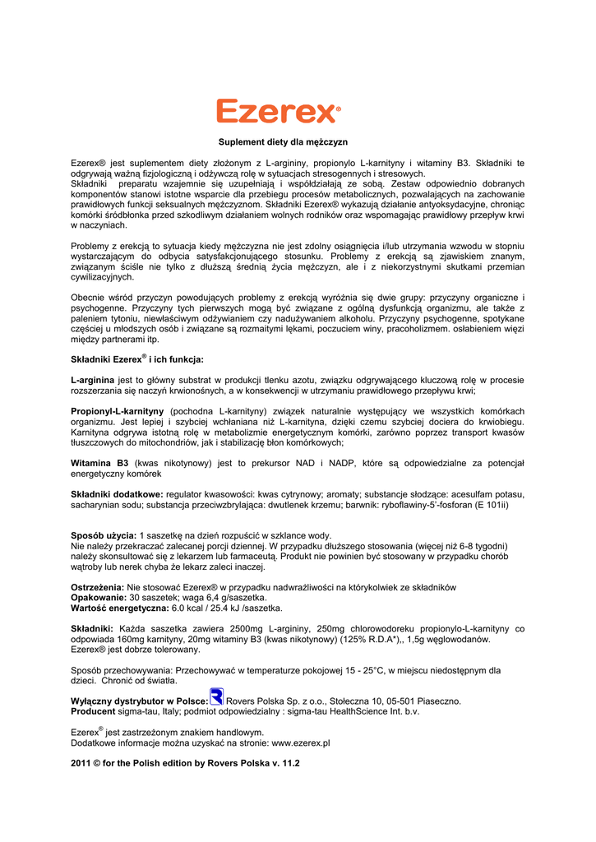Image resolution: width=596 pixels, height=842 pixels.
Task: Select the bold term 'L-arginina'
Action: pos(93,380)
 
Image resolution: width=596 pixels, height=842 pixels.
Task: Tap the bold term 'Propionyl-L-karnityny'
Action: pos(118,410)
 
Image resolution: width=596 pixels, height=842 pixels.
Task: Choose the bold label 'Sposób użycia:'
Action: pos(104,535)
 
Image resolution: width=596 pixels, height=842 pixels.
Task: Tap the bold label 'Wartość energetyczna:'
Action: pos(120,608)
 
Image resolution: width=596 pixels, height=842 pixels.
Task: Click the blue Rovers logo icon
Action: pos(217,696)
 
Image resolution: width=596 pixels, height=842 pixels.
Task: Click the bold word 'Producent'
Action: pos(93,712)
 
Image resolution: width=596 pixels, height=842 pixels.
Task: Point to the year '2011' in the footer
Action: pos(82,763)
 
